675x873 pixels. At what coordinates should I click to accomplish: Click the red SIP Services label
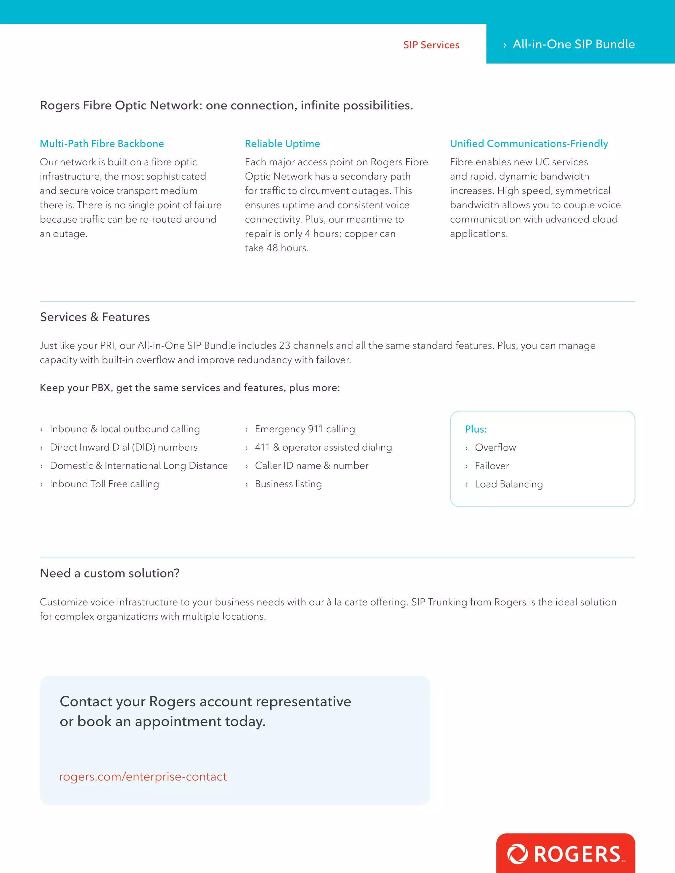431,45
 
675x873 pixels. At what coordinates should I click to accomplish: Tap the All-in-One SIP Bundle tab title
573,44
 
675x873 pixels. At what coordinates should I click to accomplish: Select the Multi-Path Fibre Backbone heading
102,144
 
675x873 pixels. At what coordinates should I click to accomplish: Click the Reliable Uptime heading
282,144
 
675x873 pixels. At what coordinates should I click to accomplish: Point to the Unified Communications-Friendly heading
529,144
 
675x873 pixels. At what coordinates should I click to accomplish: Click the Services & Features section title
95,317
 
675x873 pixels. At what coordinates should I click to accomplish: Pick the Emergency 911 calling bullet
305,429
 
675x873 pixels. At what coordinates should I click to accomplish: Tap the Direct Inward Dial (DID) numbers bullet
123,447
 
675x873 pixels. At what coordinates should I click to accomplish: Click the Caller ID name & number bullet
311,466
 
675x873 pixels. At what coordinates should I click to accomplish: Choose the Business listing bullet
288,484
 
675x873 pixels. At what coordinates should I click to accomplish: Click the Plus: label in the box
476,429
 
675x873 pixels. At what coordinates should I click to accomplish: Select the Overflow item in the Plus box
495,447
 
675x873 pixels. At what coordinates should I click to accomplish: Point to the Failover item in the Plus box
491,466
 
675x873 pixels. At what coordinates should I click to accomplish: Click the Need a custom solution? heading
109,573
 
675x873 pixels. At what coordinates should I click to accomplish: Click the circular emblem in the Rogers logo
517,854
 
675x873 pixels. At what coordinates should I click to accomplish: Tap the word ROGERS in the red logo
577,855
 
